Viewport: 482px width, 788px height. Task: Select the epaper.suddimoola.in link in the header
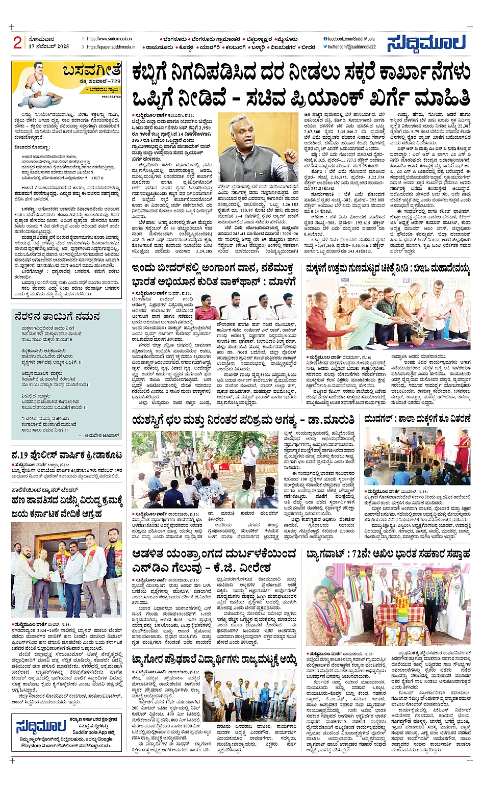(111, 47)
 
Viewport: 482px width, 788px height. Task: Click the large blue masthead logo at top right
(426, 43)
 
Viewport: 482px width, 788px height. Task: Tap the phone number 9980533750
(111, 96)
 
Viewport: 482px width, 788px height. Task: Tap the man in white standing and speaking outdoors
(250, 454)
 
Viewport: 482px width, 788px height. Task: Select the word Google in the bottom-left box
(105, 739)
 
